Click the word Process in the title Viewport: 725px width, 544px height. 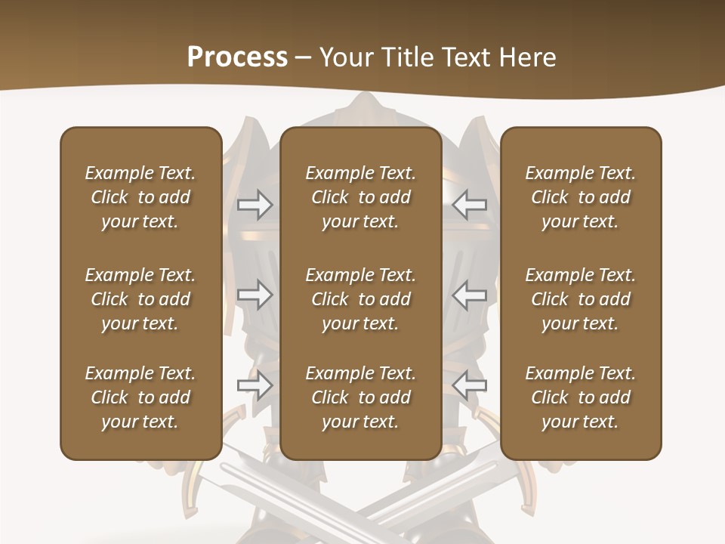(x=237, y=57)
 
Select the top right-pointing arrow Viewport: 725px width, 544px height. (x=255, y=205)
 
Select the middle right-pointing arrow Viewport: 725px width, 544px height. (x=255, y=295)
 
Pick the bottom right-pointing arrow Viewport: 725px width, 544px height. (x=255, y=385)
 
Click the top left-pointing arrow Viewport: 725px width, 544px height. (x=470, y=205)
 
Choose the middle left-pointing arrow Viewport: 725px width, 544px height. (x=470, y=295)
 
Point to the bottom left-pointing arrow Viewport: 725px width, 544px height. (x=470, y=385)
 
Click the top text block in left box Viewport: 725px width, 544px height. (x=140, y=197)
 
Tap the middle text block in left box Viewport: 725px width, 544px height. (x=140, y=299)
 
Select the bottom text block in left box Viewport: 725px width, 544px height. (x=140, y=397)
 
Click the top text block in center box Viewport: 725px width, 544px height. (x=361, y=197)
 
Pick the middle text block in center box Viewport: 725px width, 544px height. (x=361, y=299)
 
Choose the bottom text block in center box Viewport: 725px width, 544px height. (x=361, y=397)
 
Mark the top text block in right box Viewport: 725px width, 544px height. (x=581, y=197)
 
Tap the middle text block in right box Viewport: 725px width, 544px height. (x=581, y=299)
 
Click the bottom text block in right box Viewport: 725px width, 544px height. (x=581, y=397)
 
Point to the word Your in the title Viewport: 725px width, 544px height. (x=347, y=57)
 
